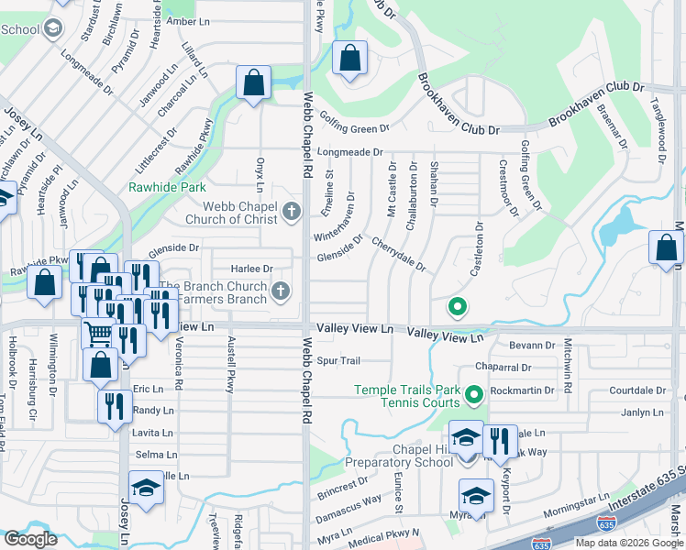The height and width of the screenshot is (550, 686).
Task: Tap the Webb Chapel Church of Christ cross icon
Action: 292,214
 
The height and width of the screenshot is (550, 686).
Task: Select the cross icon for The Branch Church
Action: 281,292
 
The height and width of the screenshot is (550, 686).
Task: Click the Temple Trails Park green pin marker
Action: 473,397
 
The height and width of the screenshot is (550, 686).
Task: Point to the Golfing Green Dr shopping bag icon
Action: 349,60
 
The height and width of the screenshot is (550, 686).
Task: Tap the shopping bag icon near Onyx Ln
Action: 253,84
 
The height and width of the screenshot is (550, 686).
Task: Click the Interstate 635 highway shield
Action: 606,524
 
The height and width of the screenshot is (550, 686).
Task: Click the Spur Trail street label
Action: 338,360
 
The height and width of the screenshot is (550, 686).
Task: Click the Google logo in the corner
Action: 30,539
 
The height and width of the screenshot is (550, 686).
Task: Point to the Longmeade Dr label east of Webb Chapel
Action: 349,151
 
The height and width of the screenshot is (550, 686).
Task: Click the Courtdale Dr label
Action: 636,390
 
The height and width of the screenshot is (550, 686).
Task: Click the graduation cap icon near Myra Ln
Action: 476,497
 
